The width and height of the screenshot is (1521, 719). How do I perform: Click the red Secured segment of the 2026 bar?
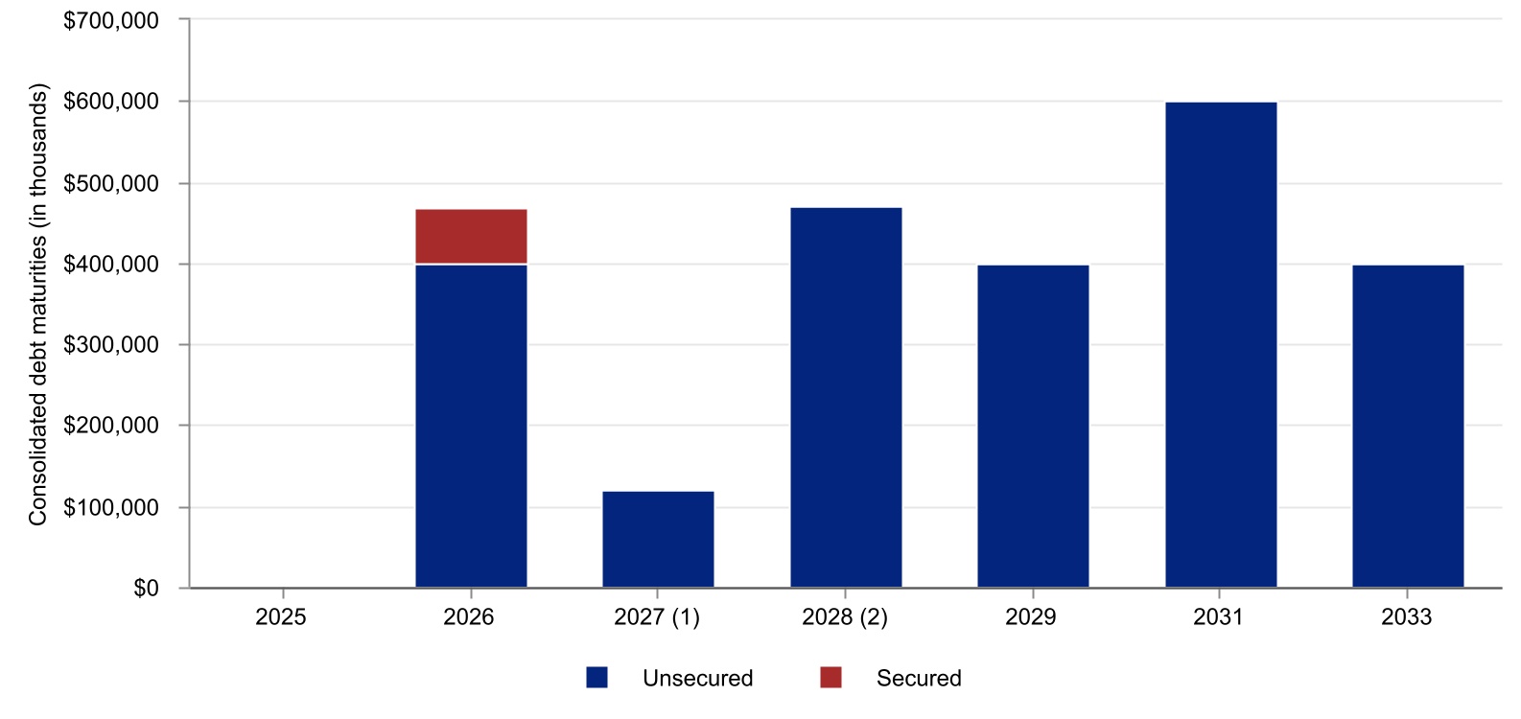pyautogui.click(x=471, y=236)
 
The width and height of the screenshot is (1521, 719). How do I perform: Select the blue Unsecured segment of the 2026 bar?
pyautogui.click(x=471, y=426)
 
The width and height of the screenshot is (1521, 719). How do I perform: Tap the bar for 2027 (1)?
pyautogui.click(x=658, y=539)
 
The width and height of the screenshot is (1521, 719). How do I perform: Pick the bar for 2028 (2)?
pyautogui.click(x=846, y=397)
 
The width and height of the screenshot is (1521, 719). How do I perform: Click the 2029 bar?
pyautogui.click(x=1033, y=426)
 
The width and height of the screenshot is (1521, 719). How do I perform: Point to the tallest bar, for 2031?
pyautogui.click(x=1221, y=344)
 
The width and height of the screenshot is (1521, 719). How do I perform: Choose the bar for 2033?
pyautogui.click(x=1408, y=426)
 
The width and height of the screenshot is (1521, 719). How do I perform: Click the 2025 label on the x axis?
pyautogui.click(x=281, y=616)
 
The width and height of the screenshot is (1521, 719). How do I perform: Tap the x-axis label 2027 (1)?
pyautogui.click(x=657, y=616)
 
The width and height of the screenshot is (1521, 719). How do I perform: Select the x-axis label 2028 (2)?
pyautogui.click(x=845, y=616)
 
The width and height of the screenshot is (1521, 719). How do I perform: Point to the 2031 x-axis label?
pyautogui.click(x=1218, y=616)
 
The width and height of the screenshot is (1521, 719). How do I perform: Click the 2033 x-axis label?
pyautogui.click(x=1406, y=616)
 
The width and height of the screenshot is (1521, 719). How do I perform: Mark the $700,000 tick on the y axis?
pyautogui.click(x=111, y=20)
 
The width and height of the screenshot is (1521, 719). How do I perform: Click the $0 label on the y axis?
pyautogui.click(x=146, y=588)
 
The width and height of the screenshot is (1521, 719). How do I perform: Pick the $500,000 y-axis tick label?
pyautogui.click(x=111, y=183)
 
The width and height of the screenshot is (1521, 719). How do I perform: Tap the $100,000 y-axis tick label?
pyautogui.click(x=111, y=507)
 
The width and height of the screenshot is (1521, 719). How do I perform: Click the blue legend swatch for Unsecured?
pyautogui.click(x=597, y=678)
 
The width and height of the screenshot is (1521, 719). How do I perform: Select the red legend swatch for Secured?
pyautogui.click(x=831, y=678)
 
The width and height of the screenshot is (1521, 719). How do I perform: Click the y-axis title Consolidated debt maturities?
pyautogui.click(x=37, y=305)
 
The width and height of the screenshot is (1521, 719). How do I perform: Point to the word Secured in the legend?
pyautogui.click(x=918, y=678)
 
